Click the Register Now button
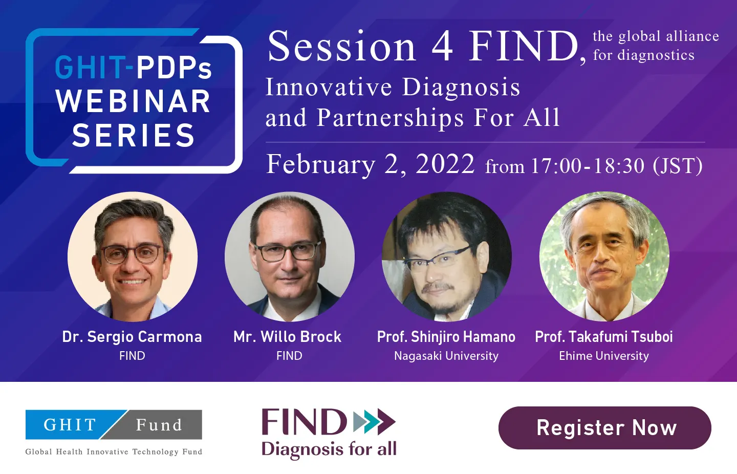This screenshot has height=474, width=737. click(x=605, y=428)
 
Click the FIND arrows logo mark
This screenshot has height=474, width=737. click(x=375, y=422)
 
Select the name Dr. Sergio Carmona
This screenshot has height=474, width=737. click(x=132, y=337)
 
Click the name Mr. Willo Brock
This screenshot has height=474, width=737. click(x=288, y=337)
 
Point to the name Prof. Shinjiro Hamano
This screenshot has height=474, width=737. click(x=446, y=337)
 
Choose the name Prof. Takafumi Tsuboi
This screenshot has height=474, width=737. click(x=604, y=337)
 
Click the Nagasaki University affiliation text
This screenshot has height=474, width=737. click(x=446, y=356)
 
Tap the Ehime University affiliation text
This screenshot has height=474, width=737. click(x=604, y=356)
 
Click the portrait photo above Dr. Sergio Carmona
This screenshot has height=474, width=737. click(x=133, y=257)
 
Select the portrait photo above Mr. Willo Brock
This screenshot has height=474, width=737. click(x=290, y=257)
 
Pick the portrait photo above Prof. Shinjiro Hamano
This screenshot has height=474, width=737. click(x=447, y=257)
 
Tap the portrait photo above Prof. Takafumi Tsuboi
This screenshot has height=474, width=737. click(x=604, y=257)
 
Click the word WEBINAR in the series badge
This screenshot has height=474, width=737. click(x=133, y=101)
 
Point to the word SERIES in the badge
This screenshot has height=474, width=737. click(x=133, y=135)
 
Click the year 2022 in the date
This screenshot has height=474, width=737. click(x=445, y=164)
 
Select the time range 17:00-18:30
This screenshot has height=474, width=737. click(x=588, y=165)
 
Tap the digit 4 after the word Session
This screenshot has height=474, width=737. click(x=442, y=47)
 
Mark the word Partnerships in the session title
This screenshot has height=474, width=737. click(x=390, y=118)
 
